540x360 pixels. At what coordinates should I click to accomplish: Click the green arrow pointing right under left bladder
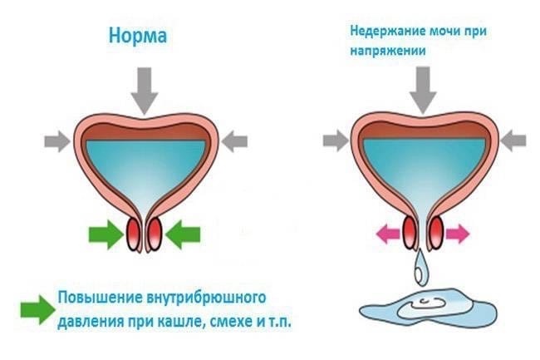coord(103,236)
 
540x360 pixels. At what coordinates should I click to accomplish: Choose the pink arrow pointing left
coord(389,235)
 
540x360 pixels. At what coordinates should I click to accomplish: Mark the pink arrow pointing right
coord(456,235)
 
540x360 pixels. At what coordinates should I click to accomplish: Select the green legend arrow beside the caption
coord(36,308)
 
